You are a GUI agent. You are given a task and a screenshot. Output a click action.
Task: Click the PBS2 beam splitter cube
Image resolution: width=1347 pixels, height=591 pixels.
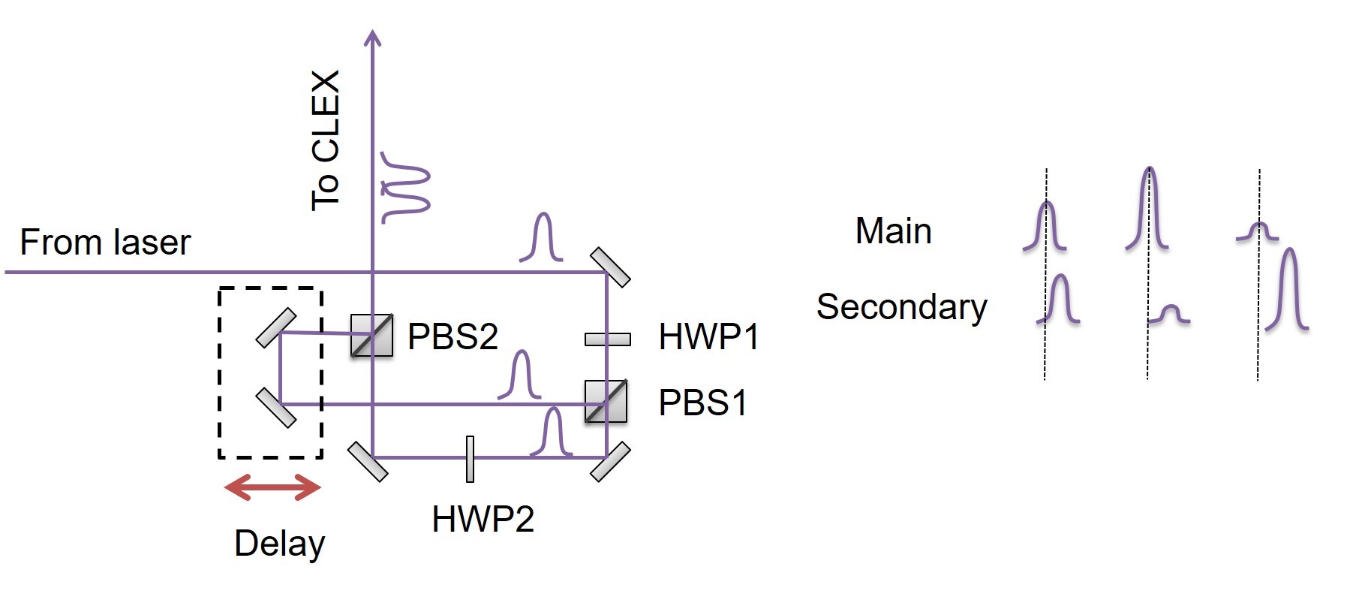tap(372, 335)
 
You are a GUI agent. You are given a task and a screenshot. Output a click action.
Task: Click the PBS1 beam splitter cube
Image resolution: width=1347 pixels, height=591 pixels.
tap(606, 402)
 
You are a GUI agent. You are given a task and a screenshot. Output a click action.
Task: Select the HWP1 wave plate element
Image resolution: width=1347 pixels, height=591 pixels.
tap(607, 339)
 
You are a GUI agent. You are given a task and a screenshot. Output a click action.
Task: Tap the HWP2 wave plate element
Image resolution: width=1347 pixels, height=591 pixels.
tap(470, 459)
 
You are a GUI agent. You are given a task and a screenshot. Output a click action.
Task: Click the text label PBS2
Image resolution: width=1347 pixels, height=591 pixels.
tap(453, 336)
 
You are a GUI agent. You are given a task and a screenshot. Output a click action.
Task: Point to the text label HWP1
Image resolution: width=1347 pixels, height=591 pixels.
tap(708, 337)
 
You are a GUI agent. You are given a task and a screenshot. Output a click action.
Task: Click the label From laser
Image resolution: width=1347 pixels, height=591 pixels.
tap(105, 243)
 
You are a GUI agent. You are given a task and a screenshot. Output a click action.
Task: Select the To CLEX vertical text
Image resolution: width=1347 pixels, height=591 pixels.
tap(326, 140)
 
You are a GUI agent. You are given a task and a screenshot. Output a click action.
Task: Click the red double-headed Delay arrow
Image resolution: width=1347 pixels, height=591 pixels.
tap(272, 487)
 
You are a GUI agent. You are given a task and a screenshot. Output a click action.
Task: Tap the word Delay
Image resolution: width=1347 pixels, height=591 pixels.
tap(279, 544)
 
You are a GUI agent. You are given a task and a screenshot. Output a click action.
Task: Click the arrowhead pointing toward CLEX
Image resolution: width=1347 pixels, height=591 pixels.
tap(372, 38)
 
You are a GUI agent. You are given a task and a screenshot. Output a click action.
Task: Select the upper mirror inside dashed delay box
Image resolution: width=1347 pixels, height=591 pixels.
tap(276, 328)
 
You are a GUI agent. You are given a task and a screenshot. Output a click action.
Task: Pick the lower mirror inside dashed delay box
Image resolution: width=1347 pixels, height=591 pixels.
tap(276, 408)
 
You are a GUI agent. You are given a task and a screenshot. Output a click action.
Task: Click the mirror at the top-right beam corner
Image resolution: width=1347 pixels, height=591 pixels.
tap(610, 267)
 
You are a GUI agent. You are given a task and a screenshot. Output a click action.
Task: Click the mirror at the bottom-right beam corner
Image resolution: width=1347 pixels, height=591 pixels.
tap(610, 462)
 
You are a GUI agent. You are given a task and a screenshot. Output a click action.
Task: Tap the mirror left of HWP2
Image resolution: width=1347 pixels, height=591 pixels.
tap(368, 461)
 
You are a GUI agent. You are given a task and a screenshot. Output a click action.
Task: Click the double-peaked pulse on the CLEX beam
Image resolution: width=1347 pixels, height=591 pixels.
tap(405, 188)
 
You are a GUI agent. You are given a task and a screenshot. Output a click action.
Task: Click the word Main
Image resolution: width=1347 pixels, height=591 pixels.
tap(893, 231)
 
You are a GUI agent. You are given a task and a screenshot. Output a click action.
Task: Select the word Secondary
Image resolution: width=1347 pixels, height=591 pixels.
tap(901, 306)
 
